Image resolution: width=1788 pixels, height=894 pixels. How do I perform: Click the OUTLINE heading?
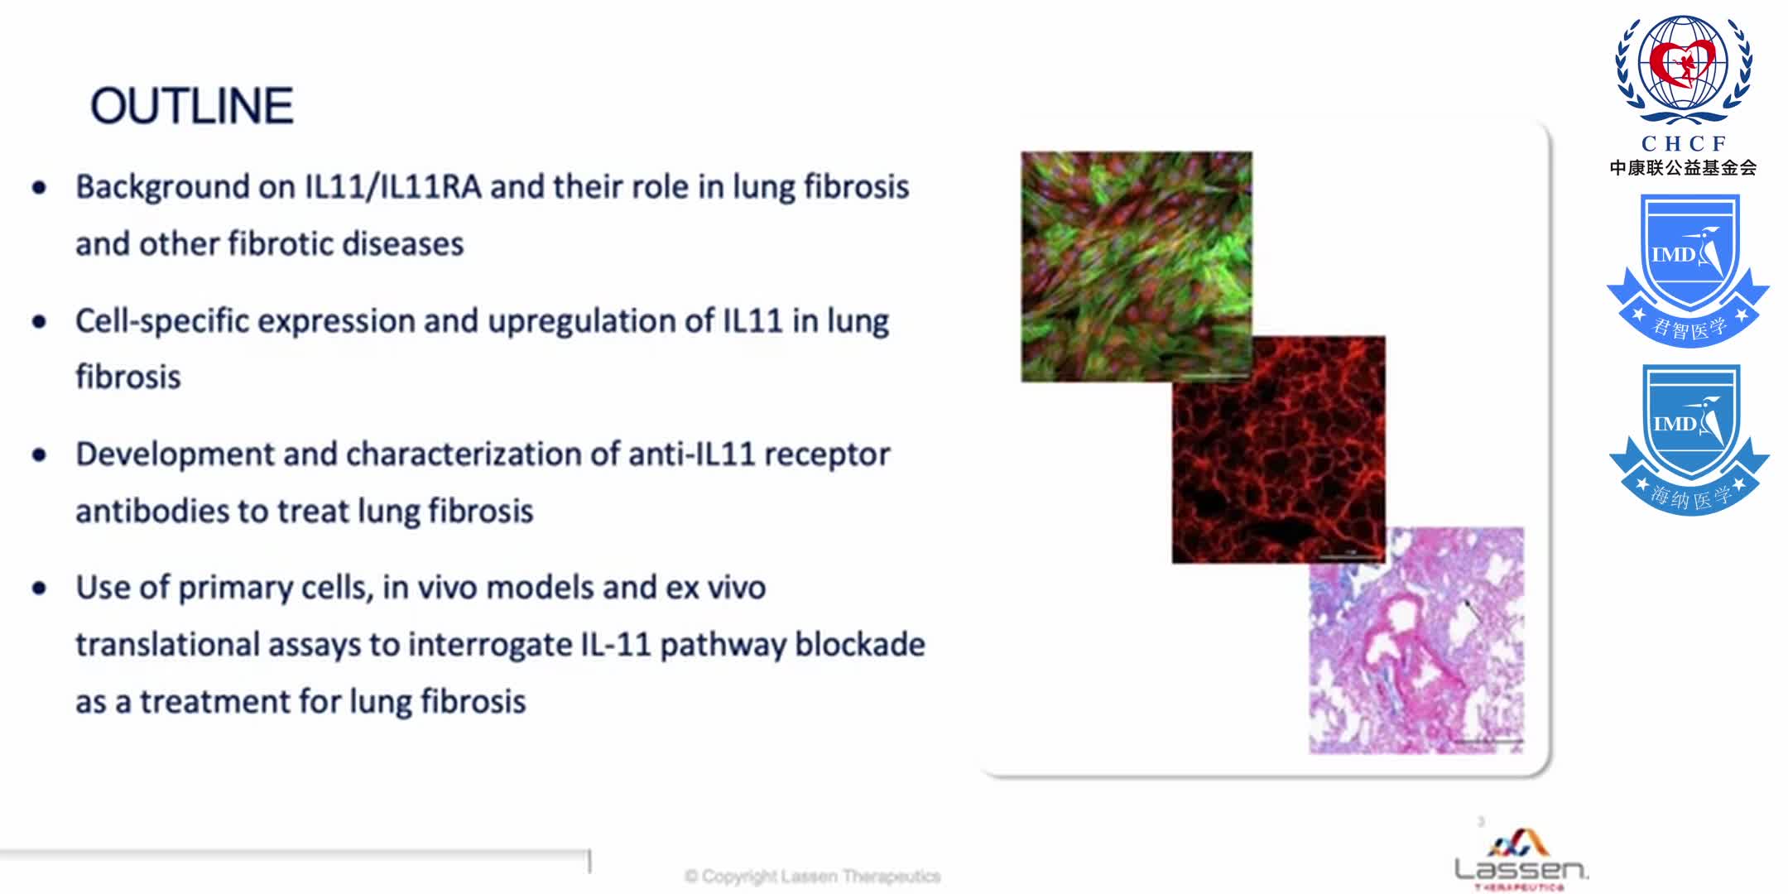tap(191, 106)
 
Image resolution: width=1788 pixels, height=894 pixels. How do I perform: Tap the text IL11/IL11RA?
tap(392, 187)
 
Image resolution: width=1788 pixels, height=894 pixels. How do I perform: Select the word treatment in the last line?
tap(214, 702)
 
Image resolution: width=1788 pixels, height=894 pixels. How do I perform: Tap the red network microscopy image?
tap(1278, 449)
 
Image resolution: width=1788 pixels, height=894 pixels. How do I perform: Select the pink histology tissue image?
tap(1416, 641)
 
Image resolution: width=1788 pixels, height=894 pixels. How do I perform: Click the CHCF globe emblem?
tap(1684, 68)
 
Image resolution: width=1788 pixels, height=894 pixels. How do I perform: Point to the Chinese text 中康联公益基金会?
tap(1683, 168)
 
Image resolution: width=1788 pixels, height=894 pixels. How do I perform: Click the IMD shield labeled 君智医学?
tap(1688, 269)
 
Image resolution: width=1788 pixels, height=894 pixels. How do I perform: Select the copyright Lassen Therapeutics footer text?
tap(813, 876)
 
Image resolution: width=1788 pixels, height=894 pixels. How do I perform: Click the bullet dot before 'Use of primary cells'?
tap(39, 589)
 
